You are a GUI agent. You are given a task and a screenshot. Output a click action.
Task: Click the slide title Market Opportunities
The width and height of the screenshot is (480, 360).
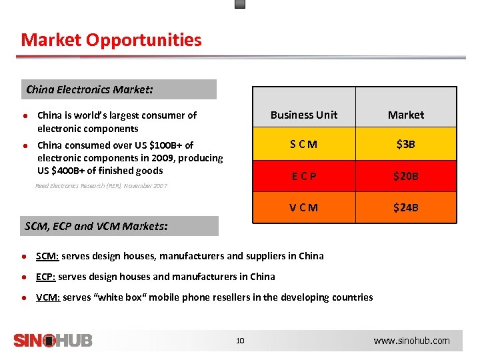tap(111, 40)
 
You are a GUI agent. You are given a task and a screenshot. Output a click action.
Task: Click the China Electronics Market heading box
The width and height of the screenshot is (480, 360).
tap(121, 89)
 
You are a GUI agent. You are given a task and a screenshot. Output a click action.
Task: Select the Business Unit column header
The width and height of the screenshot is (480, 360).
tap(303, 115)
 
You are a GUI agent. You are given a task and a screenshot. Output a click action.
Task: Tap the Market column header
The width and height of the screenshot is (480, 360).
tap(406, 115)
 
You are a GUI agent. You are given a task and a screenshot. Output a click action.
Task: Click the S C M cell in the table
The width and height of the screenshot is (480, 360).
tap(303, 145)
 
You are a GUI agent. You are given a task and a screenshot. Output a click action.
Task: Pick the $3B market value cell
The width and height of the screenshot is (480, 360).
tap(406, 145)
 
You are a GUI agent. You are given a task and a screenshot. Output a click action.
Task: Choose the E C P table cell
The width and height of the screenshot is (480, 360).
tap(303, 176)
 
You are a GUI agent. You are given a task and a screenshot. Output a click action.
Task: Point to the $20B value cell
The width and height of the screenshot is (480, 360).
tap(406, 176)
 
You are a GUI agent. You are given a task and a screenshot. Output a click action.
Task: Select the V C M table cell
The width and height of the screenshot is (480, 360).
tap(303, 207)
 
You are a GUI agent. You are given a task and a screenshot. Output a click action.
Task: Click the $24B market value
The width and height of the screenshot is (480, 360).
tap(406, 207)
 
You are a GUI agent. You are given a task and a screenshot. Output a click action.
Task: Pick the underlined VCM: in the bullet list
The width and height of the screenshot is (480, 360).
tap(48, 297)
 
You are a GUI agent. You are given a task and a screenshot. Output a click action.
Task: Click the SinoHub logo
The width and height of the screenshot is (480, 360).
tap(53, 341)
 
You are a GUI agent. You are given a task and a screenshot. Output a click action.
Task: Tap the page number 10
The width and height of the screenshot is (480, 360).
tap(240, 341)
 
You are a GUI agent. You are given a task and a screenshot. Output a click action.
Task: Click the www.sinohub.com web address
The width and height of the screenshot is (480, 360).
tap(411, 341)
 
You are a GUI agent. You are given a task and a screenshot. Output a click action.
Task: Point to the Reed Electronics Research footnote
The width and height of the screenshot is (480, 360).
tap(101, 186)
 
